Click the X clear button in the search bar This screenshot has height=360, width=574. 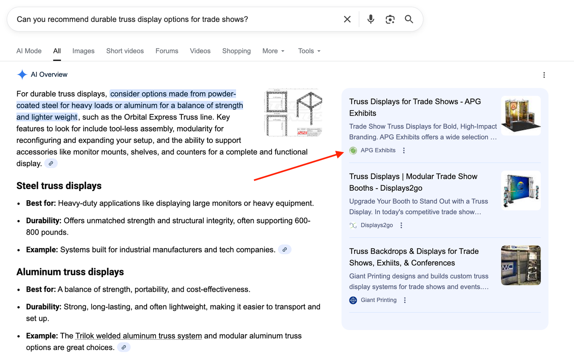click(347, 19)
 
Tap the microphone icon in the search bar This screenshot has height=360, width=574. click(371, 19)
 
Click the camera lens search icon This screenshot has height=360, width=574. click(390, 19)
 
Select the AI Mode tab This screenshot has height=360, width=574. click(29, 51)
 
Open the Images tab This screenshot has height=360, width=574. click(83, 51)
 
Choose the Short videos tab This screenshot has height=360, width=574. click(125, 51)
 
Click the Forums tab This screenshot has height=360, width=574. click(167, 51)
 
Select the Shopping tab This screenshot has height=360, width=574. click(236, 51)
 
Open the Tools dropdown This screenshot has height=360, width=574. click(309, 51)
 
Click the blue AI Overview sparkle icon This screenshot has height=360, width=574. click(22, 74)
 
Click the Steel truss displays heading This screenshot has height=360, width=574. click(59, 186)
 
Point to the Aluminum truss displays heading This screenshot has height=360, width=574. click(70, 272)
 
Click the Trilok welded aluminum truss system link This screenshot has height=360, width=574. click(138, 336)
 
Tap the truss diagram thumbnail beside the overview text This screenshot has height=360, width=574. click(293, 112)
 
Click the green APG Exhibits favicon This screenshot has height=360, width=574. click(353, 150)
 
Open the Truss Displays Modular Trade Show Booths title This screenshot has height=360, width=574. click(413, 182)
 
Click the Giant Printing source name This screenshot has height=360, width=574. click(378, 300)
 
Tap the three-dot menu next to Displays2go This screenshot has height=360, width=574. click(401, 225)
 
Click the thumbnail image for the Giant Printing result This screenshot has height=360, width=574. click(521, 265)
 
